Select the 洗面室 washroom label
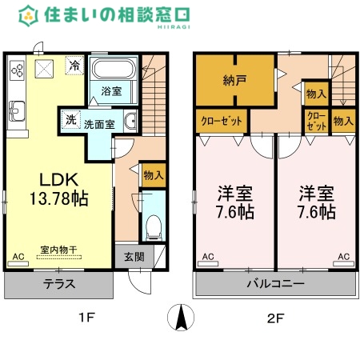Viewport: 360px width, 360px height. (x=100, y=124)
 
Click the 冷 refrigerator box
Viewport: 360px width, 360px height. (x=74, y=66)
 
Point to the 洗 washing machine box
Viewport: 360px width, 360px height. (x=70, y=121)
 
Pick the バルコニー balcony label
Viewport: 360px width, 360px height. (x=274, y=283)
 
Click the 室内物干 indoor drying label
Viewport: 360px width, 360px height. (x=60, y=249)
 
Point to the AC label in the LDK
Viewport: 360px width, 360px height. (x=18, y=257)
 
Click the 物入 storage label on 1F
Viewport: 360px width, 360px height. (x=152, y=174)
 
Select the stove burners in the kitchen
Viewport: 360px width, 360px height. (x=17, y=70)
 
